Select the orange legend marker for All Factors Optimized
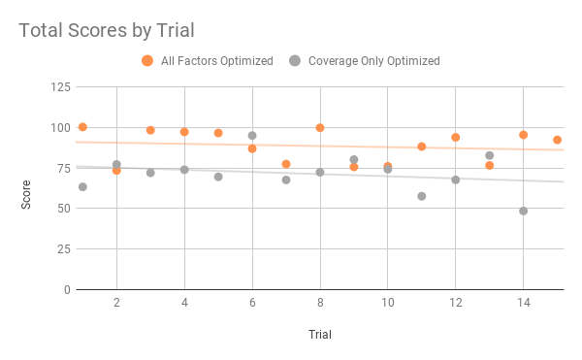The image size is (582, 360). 147,60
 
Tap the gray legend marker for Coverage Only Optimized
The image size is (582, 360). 294,60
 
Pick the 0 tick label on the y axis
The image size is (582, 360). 66,289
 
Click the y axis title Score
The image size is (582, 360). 28,188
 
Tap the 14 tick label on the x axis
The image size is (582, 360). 523,304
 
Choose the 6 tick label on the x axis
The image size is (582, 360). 252,304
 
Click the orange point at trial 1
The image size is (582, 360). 82,127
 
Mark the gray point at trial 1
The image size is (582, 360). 82,186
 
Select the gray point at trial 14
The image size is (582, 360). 524,211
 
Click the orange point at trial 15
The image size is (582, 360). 557,140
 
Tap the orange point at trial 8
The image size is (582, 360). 319,128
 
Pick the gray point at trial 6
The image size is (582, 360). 252,136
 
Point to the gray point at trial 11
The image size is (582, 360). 422,196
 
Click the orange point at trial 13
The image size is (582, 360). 490,165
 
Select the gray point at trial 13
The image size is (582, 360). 490,155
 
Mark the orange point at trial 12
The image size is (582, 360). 455,137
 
